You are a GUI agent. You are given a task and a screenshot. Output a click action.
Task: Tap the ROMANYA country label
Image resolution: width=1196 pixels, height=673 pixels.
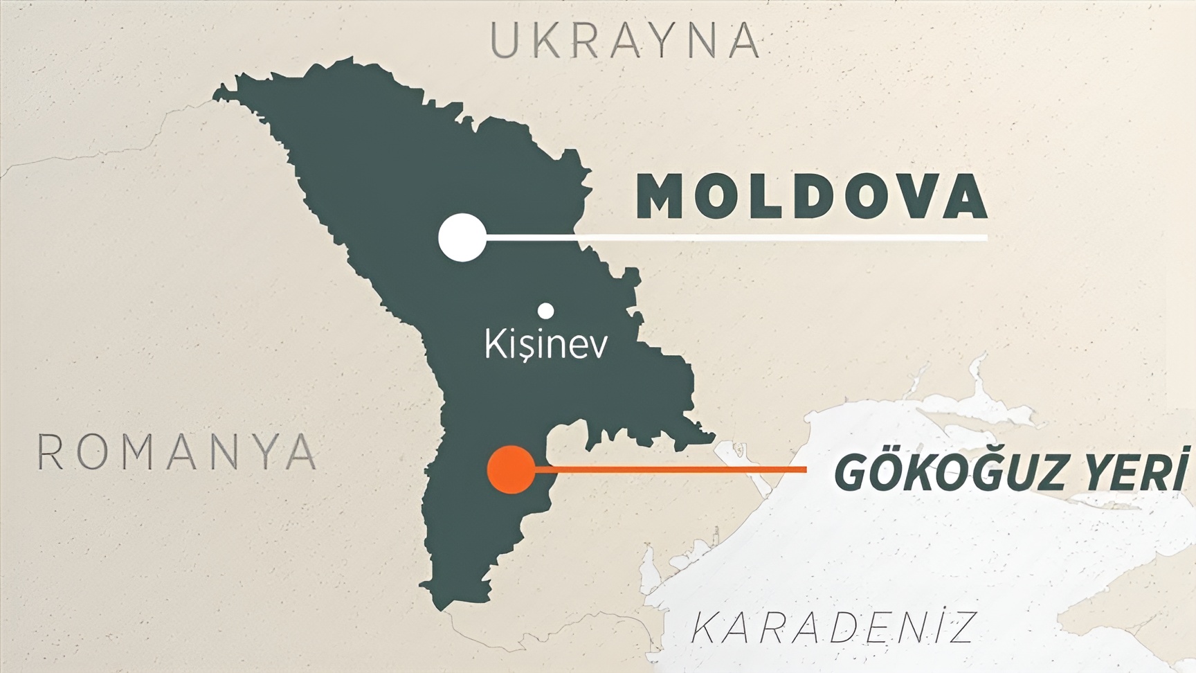click(176, 452)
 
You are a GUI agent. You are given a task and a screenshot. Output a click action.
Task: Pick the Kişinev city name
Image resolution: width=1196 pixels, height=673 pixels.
click(546, 344)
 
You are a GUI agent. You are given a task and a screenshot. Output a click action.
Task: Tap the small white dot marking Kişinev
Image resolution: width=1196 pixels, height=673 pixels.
click(546, 309)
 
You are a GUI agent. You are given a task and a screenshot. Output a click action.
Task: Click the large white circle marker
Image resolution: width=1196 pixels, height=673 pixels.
click(462, 237)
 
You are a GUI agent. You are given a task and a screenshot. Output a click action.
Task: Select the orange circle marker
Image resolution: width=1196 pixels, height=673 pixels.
click(511, 470)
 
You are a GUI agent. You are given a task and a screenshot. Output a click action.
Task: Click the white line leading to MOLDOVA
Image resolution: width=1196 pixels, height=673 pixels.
click(734, 237)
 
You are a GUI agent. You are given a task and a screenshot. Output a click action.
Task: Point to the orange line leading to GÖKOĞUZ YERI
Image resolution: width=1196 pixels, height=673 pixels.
click(671, 470)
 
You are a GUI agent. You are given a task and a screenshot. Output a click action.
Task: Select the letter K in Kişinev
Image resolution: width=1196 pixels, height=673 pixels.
click(494, 344)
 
